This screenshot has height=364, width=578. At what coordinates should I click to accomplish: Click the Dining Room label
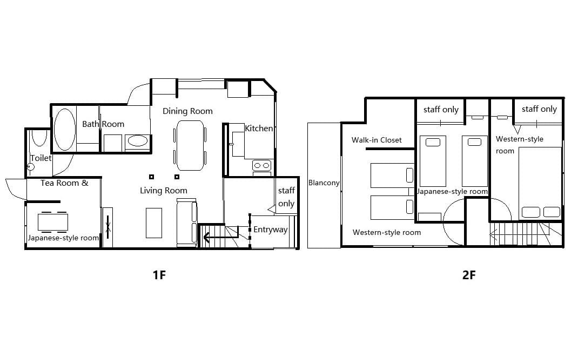coord(187,111)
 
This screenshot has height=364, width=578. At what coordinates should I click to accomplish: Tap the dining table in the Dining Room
coord(190,145)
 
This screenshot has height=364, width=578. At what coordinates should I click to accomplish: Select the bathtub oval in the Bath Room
coord(64,129)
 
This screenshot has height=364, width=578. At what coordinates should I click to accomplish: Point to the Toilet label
coord(41,158)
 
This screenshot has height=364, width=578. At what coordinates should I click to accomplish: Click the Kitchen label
coord(259,128)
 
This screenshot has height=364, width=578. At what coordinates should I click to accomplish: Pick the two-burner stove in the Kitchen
coord(262,165)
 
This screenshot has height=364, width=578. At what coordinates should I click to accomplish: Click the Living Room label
coord(163,191)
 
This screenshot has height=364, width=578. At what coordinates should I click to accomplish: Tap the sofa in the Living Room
coord(186,222)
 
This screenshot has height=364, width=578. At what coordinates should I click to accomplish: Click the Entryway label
coord(271,230)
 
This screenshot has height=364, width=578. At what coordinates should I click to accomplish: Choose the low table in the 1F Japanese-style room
coord(53,222)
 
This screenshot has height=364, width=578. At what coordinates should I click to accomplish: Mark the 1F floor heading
coord(159,275)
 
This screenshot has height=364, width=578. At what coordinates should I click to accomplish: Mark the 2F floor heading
coord(469,275)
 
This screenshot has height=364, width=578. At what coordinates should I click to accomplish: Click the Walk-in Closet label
coord(377,140)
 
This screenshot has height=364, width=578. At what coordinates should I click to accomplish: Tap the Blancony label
coord(324,183)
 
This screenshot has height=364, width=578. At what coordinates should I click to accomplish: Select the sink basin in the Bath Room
coord(137,141)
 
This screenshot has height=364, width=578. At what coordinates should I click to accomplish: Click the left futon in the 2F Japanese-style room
coord(433,161)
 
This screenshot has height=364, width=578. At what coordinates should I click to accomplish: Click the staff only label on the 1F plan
coord(286,197)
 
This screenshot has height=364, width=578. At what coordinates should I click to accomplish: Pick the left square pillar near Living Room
coord(151,177)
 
